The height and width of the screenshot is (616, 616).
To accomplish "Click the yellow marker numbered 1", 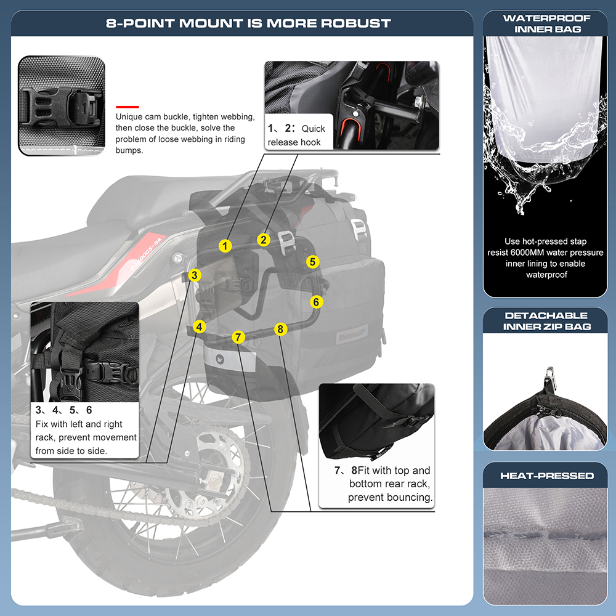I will pos(225,246).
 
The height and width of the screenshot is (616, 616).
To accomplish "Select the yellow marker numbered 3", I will pos(195,275).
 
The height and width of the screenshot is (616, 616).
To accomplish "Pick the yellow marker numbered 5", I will pos(313,262).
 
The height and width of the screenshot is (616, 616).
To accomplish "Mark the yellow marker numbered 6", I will pos(316,302).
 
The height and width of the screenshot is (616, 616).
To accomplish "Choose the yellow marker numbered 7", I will pos(239,337).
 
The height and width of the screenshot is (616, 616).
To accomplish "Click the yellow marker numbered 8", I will pos(280,329).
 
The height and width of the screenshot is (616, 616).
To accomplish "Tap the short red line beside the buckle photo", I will pos(128,105).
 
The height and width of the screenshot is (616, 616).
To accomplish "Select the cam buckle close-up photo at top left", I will pos(62,105).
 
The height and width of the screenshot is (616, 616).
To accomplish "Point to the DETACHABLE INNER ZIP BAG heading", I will pos(546,320).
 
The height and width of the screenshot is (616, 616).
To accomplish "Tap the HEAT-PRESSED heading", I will pos(547,476).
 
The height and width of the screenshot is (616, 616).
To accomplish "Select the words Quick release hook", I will pos(296,136).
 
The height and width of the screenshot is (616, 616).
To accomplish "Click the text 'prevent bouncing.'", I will pos(390,497).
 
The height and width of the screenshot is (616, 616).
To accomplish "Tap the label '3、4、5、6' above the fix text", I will pos(63,410).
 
